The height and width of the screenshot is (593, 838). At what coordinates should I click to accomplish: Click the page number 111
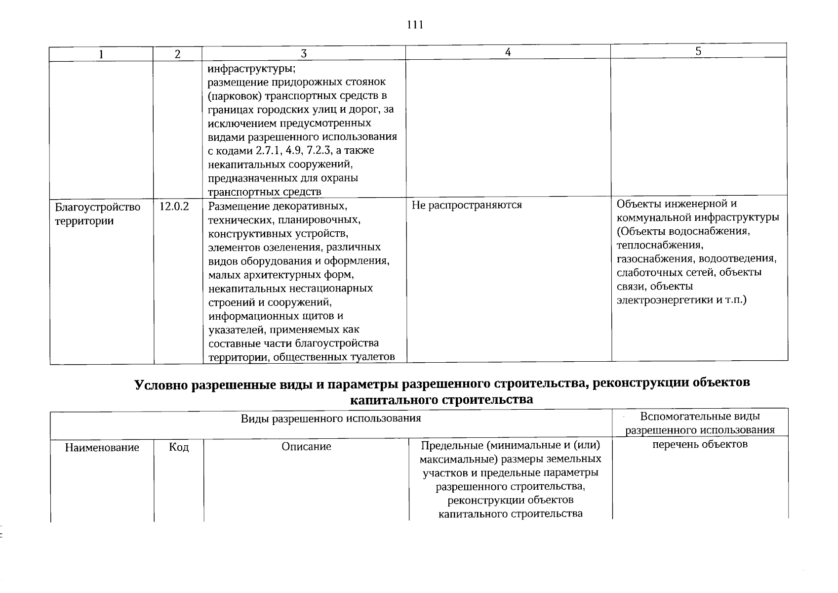(x=415, y=25)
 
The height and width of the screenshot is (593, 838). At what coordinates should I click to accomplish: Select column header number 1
(x=101, y=54)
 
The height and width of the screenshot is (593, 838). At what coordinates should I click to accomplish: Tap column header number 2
(x=178, y=54)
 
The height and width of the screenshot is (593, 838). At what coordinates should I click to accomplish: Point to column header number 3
(x=304, y=54)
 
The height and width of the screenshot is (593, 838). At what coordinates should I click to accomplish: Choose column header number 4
(x=508, y=52)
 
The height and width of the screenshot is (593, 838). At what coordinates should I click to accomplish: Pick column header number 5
(x=698, y=51)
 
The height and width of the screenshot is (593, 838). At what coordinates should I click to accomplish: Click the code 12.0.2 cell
(x=174, y=207)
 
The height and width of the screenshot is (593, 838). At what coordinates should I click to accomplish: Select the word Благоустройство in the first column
(x=98, y=207)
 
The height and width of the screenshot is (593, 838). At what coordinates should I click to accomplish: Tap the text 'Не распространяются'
(x=467, y=205)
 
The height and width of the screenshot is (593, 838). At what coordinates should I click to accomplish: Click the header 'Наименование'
(x=102, y=448)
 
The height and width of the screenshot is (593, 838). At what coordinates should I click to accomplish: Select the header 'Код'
(x=179, y=447)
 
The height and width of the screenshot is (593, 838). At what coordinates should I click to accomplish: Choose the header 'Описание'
(x=306, y=447)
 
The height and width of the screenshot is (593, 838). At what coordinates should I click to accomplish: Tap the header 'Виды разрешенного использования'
(x=331, y=419)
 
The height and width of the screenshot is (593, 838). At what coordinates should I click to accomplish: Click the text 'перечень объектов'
(x=700, y=444)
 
